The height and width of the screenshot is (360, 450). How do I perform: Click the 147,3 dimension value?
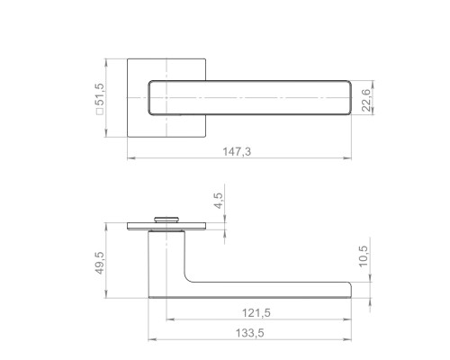coord(237,151)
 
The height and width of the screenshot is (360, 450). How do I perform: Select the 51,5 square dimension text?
coord(100,94)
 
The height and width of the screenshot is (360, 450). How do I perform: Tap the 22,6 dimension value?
coord(366,100)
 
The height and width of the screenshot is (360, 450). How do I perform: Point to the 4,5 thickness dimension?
coord(219,201)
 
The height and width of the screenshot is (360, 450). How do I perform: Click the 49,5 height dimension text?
coord(100,263)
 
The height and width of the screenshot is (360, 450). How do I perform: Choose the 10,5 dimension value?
coord(363,256)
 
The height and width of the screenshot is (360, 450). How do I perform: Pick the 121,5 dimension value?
coord(256,313)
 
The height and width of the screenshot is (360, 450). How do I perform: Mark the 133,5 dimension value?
coord(250,333)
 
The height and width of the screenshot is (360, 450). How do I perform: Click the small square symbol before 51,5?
coord(100,112)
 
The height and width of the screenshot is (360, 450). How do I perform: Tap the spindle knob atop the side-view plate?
coord(166,220)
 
